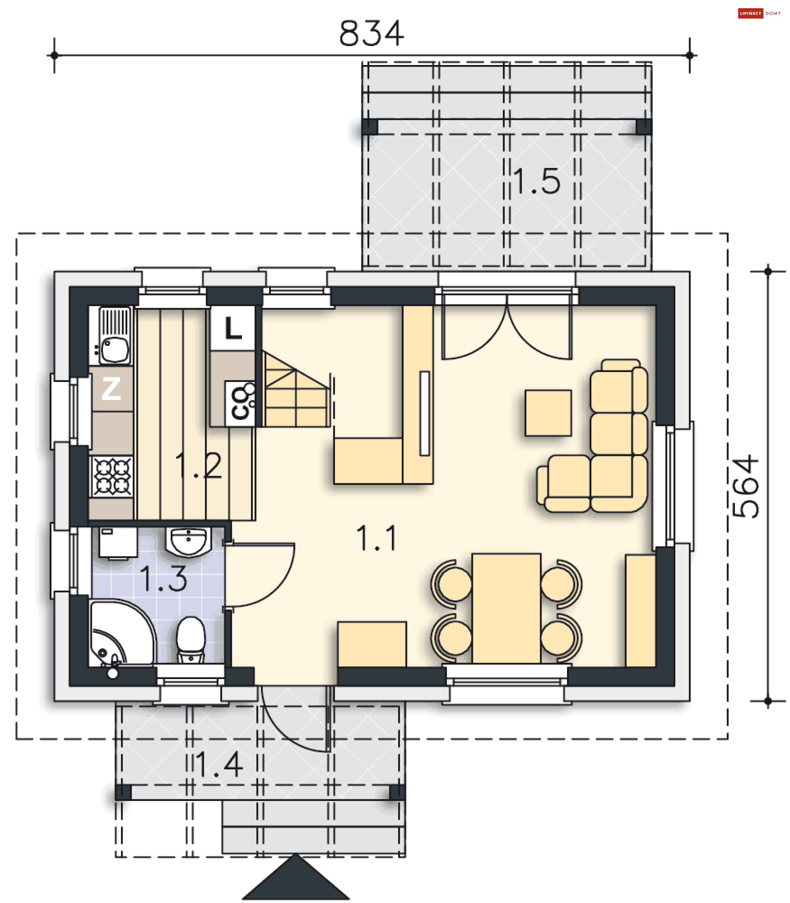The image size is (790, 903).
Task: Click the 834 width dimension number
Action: pos(371,33)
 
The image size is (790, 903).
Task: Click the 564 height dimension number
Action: pos(746,486)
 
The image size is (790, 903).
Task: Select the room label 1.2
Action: pos(198,465)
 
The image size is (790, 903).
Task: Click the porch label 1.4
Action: pos(219,764)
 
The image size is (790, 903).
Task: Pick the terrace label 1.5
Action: pos(537,181)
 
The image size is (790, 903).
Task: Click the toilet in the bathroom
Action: pos(191,640)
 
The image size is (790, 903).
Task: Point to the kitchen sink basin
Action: pos(114,350)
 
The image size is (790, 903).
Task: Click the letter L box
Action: pos(232,328)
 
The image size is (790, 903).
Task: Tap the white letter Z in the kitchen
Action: pos(111,389)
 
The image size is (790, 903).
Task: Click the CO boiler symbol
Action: pos(240,404)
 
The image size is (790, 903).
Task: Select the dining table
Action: pos(506,608)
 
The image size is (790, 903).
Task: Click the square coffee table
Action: pos(548,413)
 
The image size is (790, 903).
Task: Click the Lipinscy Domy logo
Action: pos(759,13)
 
